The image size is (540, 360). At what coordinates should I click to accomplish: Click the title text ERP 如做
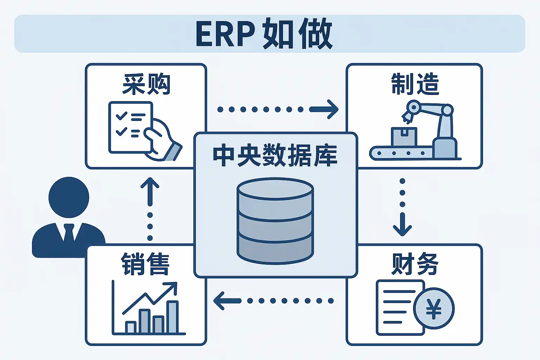264,34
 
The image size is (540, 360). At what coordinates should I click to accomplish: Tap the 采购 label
146,84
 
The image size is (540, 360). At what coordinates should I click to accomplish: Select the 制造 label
415,84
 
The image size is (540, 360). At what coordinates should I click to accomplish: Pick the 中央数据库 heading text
275,155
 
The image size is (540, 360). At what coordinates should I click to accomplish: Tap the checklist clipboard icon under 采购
130,127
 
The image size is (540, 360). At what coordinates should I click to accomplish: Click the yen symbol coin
433,309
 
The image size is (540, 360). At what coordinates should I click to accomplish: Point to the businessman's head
69,197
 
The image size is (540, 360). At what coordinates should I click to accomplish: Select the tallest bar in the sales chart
173,316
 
